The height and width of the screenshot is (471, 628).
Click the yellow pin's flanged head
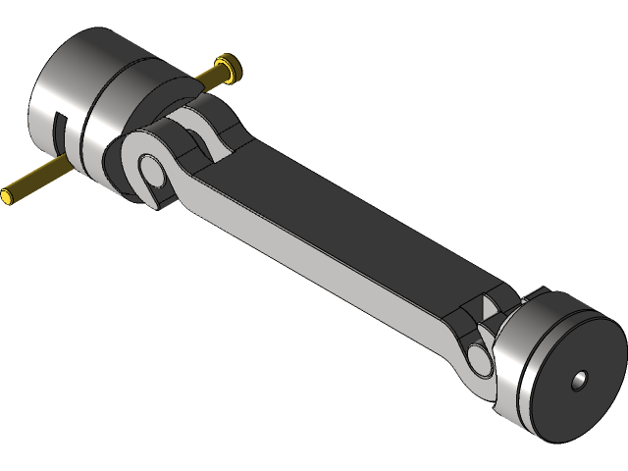[x=230, y=68]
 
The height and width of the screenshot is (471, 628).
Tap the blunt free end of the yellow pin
[x=8, y=196]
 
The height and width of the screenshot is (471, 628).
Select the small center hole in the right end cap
[x=580, y=379]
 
